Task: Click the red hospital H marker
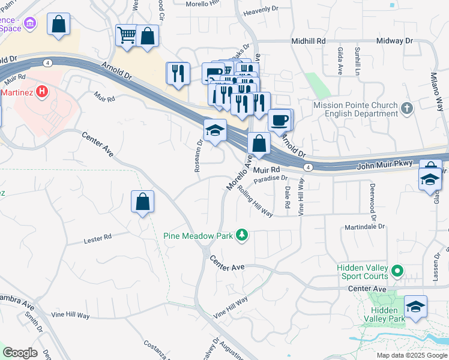(x=41, y=92)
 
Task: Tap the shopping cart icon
(x=127, y=35)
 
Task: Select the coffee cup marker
(x=280, y=120)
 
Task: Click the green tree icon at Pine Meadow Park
(x=242, y=235)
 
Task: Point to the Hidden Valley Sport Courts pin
(x=397, y=272)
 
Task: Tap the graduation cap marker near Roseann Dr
(x=214, y=130)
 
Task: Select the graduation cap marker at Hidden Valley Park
(x=416, y=307)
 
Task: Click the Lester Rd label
(x=97, y=239)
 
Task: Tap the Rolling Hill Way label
(x=255, y=200)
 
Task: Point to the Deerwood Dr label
(x=372, y=202)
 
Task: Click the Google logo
(x=20, y=353)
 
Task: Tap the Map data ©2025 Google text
(x=411, y=355)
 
